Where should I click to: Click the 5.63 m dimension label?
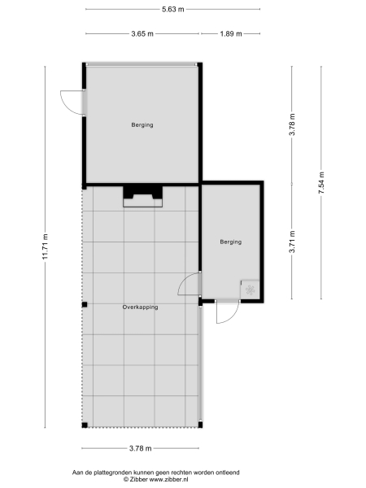(x=172, y=9)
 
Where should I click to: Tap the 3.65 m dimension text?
(x=142, y=34)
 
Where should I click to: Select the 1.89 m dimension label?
(x=230, y=34)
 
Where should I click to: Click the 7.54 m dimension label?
(x=321, y=184)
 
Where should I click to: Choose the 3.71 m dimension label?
(x=293, y=242)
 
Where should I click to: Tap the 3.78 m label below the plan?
(x=142, y=448)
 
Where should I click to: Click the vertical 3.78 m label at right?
(x=293, y=126)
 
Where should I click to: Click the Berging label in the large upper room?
(x=142, y=125)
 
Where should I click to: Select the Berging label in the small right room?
(x=231, y=242)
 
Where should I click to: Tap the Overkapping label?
(x=140, y=307)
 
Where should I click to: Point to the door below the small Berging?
(x=227, y=312)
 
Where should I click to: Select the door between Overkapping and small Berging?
(x=190, y=285)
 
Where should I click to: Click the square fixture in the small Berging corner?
(x=250, y=289)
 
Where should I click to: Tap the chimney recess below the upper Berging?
(x=142, y=196)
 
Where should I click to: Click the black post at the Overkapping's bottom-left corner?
(x=84, y=425)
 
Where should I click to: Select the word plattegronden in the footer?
(x=117, y=472)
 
